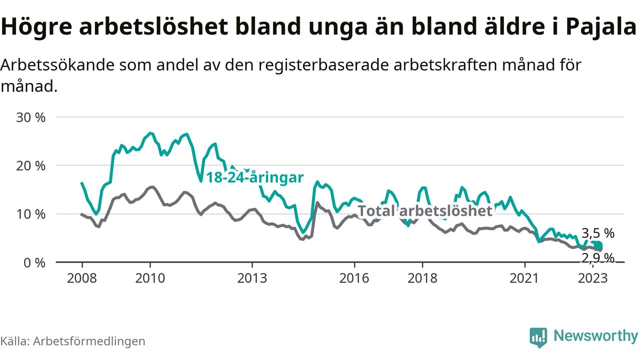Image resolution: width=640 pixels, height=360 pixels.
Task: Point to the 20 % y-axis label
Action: [x=31, y=166]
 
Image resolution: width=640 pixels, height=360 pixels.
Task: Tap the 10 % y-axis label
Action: [x=31, y=214]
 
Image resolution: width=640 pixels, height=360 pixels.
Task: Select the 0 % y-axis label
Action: [x=35, y=262]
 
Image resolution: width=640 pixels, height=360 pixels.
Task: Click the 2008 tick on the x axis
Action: [x=82, y=277]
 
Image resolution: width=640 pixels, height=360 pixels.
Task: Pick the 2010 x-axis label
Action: [x=150, y=277]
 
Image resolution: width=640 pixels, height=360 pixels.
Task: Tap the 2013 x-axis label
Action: [x=252, y=277]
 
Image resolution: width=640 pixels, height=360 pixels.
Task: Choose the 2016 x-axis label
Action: [x=354, y=277]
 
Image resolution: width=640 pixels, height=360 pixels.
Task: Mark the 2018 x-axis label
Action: [x=422, y=277]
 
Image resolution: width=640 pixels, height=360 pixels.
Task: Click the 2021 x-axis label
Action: [x=524, y=277]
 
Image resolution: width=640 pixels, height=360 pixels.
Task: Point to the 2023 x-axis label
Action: [x=592, y=277]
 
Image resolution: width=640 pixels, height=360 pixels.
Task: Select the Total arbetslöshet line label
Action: [x=425, y=211]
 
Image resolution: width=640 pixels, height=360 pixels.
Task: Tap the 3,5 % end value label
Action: [x=598, y=233]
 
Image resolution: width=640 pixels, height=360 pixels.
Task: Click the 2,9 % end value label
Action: [x=597, y=258]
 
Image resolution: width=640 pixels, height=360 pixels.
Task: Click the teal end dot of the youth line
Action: [x=598, y=245]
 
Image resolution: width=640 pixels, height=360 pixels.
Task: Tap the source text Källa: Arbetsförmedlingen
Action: [x=73, y=341]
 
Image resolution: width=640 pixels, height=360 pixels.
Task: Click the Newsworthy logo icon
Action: [x=538, y=337]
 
